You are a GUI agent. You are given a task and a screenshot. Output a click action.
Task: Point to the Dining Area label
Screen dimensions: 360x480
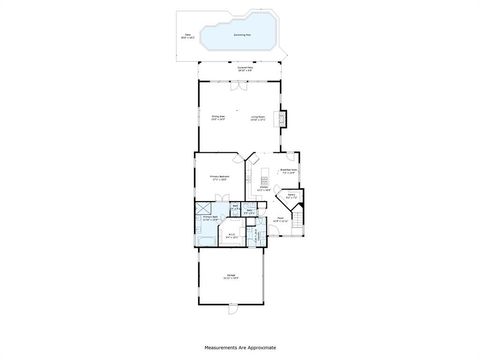218,118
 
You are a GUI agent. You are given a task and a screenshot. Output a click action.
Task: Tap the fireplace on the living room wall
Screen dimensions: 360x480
283,118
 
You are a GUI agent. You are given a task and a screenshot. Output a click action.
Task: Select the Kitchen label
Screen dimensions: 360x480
264,188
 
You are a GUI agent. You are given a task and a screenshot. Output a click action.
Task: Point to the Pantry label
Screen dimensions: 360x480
291,197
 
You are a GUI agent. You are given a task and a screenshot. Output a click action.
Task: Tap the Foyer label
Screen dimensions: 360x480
282,219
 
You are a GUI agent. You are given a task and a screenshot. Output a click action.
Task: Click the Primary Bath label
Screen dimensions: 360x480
211,218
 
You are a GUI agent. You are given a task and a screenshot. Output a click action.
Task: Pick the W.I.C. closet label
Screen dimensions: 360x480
231,237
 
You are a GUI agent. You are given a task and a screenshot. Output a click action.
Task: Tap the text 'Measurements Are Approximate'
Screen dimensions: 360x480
240,348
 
